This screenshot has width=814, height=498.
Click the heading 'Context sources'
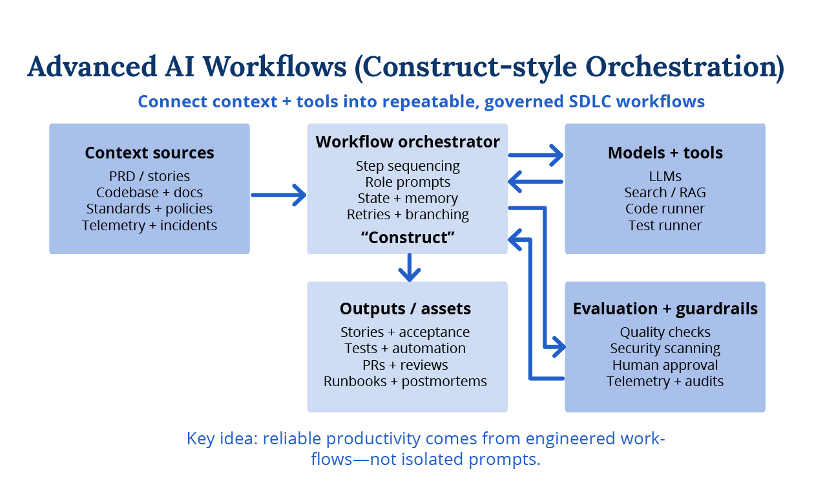[149, 153]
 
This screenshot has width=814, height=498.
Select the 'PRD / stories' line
[149, 176]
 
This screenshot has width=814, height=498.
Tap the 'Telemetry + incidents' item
[149, 225]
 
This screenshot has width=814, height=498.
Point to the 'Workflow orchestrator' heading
[408, 142]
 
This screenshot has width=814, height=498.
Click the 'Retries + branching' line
[408, 215]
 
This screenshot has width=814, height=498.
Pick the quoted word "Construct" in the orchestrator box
[408, 237]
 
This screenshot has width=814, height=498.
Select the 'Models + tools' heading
[665, 153]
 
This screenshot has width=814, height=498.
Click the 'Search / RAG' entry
[665, 193]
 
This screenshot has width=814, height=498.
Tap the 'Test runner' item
[665, 225]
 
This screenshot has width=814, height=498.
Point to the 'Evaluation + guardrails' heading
[665, 309]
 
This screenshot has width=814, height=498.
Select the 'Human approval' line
[665, 365]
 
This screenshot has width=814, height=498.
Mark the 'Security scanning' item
[665, 349]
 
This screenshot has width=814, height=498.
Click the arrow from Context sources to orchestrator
[278, 194]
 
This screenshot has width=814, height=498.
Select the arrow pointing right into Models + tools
[536, 155]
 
